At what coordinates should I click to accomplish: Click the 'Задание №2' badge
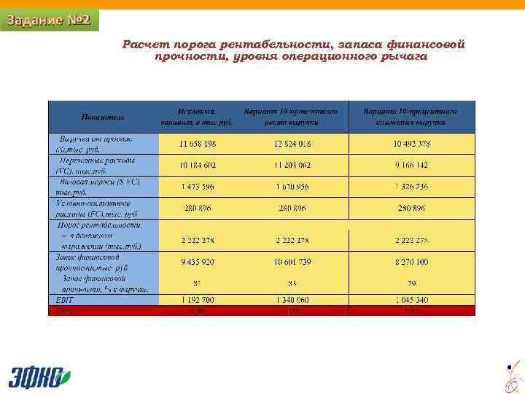pyautogui.click(x=48, y=20)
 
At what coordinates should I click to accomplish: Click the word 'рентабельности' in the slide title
pyautogui.click(x=246, y=45)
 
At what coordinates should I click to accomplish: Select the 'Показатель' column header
pyautogui.click(x=103, y=117)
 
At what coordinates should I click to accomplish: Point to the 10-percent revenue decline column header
pyautogui.click(x=411, y=117)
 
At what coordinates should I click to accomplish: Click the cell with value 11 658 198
pyautogui.click(x=198, y=143)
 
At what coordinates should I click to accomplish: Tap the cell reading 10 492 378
pyautogui.click(x=412, y=143)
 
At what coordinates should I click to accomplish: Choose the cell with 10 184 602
pyautogui.click(x=198, y=166)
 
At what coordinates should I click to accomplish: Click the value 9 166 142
pyautogui.click(x=412, y=166)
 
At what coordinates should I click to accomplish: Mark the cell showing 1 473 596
pyautogui.click(x=198, y=187)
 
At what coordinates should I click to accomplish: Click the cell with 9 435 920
pyautogui.click(x=198, y=261)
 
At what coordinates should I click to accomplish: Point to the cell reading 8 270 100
pyautogui.click(x=412, y=261)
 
